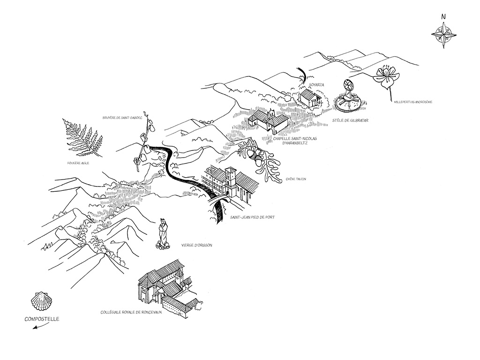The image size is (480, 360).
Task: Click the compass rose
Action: tap(443, 34)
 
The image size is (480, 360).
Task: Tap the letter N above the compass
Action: tap(443, 16)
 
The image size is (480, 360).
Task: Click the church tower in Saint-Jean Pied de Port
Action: tap(230, 180)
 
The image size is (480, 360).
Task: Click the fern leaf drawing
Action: tap(83, 138)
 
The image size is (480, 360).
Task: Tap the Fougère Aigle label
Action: tap(78, 163)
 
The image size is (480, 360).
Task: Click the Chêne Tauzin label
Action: tap(295, 179)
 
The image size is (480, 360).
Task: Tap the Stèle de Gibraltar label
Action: tap(350, 121)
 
